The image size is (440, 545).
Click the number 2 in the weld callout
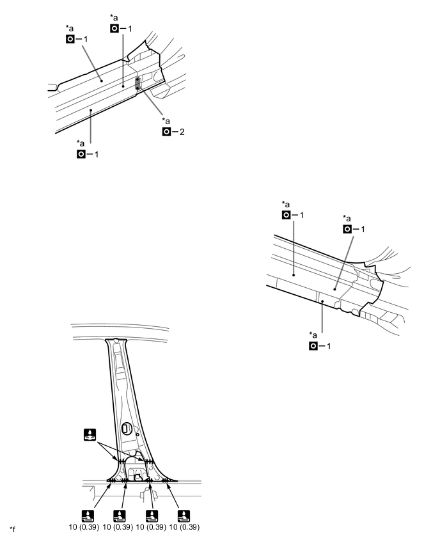click(x=182, y=132)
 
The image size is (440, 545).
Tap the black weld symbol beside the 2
click(x=168, y=132)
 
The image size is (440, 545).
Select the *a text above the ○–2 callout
click(x=166, y=121)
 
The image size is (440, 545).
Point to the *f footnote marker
click(x=13, y=527)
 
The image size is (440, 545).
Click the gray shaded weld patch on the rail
click(x=137, y=83)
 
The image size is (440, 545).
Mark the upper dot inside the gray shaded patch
click(x=137, y=80)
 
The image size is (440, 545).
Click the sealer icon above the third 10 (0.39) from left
click(x=152, y=514)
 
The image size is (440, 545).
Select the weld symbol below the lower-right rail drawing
click(x=314, y=345)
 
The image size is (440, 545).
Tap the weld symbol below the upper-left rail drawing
click(x=81, y=154)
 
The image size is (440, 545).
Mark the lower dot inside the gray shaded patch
click(x=137, y=88)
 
